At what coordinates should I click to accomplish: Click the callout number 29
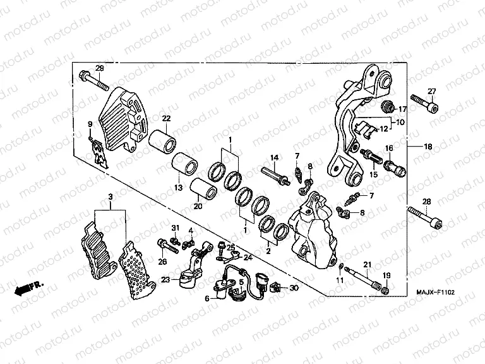99,68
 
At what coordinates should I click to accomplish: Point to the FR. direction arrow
25,288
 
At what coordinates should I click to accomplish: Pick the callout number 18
428,147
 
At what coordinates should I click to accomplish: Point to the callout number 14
274,157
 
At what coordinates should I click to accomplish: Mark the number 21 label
366,264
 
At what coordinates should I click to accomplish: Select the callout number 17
402,109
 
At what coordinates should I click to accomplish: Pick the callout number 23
165,279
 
